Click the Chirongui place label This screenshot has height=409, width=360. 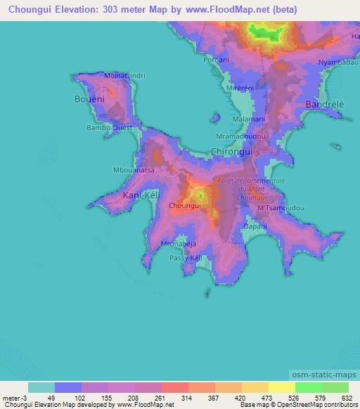click(x=232, y=151)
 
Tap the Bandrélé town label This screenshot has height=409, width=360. click(x=325, y=104)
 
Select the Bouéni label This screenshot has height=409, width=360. click(x=90, y=100)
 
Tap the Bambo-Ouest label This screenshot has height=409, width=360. click(x=108, y=129)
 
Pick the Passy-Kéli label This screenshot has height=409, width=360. click(x=186, y=258)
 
